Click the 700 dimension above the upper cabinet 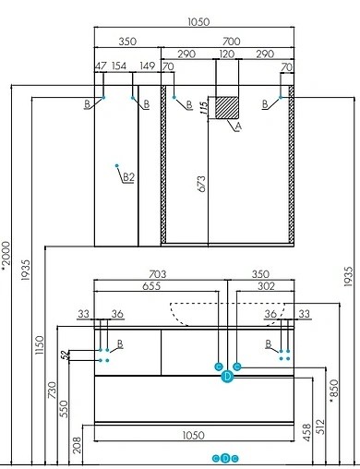click(231, 41)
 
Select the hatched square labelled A click(223, 105)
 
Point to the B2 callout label click(130, 178)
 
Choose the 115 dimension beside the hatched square click(201, 106)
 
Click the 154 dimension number click(119, 66)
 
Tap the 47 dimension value click(101, 66)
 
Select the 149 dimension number click(147, 66)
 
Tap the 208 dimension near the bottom click(79, 447)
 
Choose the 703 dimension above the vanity click(160, 274)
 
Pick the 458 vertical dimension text click(306, 436)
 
